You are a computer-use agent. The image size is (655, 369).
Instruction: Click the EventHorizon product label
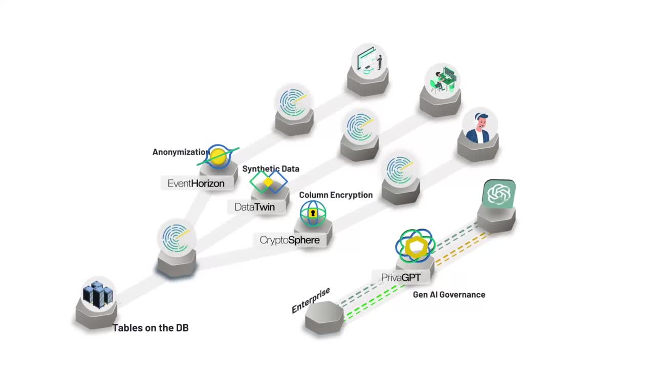click(x=196, y=183)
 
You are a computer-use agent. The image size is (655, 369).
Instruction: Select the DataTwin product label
click(x=254, y=207)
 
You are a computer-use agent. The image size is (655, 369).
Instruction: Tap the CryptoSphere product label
click(x=290, y=240)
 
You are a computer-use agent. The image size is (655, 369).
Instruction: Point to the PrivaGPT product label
click(x=401, y=277)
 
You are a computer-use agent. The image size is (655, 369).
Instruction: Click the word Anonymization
click(x=180, y=152)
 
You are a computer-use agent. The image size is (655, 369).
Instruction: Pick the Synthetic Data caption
click(x=271, y=169)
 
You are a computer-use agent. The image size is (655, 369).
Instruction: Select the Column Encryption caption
click(x=336, y=195)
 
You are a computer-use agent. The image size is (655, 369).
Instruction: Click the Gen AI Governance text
click(x=449, y=295)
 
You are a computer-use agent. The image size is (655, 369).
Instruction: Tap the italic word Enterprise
click(x=311, y=300)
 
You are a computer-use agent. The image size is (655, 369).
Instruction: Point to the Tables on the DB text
click(x=150, y=328)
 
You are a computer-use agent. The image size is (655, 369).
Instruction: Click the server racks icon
click(x=97, y=294)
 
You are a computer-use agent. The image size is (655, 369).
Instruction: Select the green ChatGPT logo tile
click(x=499, y=194)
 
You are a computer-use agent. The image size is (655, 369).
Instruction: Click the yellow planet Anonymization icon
click(x=219, y=156)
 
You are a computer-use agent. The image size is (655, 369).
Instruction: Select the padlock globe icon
click(x=313, y=213)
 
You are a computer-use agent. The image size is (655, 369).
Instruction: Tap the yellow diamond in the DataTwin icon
click(x=268, y=182)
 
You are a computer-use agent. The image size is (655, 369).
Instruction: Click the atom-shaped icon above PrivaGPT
click(x=415, y=247)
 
